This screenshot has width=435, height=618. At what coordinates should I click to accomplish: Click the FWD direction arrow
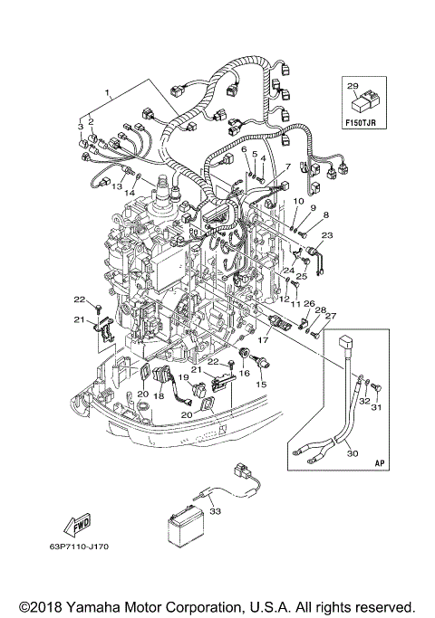pyautogui.click(x=77, y=527)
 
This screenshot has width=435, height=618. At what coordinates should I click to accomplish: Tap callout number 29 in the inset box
pyautogui.click(x=353, y=86)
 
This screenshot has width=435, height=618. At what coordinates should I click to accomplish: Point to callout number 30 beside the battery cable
pyautogui.click(x=353, y=453)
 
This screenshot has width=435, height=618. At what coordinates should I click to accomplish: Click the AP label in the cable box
pyautogui.click(x=380, y=463)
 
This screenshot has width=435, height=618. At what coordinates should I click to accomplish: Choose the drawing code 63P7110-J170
pyautogui.click(x=79, y=547)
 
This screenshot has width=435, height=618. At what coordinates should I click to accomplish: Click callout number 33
pyautogui.click(x=216, y=511)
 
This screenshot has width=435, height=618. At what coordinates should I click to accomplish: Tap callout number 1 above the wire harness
pyautogui.click(x=107, y=93)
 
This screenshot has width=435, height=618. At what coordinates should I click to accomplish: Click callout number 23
pyautogui.click(x=327, y=235)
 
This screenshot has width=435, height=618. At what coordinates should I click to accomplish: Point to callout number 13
pyautogui.click(x=117, y=186)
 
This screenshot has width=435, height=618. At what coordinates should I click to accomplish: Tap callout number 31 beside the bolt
pyautogui.click(x=377, y=407)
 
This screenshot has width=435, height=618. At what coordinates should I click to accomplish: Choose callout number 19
pyautogui.click(x=184, y=377)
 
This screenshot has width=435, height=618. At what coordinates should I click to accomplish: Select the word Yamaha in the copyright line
pyautogui.click(x=90, y=607)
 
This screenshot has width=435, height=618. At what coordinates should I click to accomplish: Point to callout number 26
pyautogui.click(x=309, y=303)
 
